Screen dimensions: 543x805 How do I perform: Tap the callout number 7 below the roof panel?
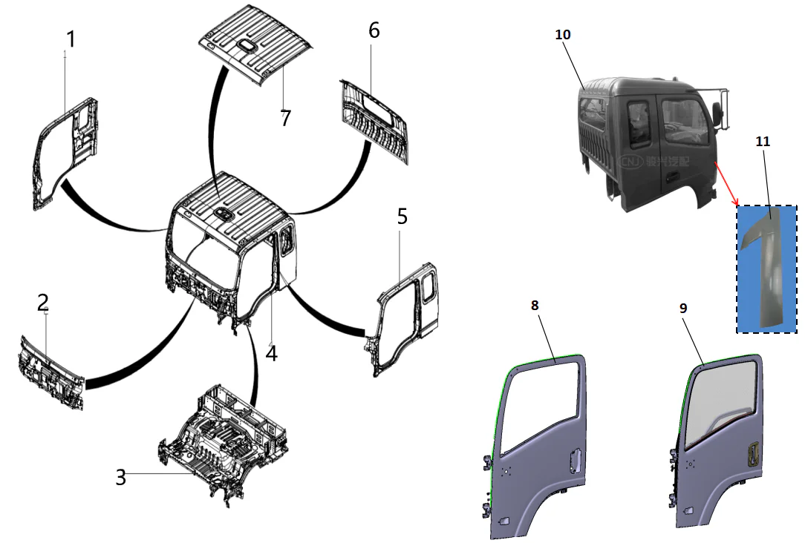(x=284, y=117)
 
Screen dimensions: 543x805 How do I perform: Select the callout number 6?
(x=374, y=31)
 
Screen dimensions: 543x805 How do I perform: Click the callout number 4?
(x=272, y=353)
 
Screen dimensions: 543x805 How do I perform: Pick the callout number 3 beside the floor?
(x=120, y=477)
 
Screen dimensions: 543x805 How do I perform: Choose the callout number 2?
(x=43, y=302)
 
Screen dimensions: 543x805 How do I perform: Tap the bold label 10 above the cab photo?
(x=563, y=35)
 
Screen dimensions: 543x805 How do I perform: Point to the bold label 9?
(x=683, y=308)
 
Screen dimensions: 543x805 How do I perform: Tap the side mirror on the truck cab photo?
(x=718, y=112)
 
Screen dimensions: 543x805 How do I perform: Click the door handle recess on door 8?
(x=573, y=461)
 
